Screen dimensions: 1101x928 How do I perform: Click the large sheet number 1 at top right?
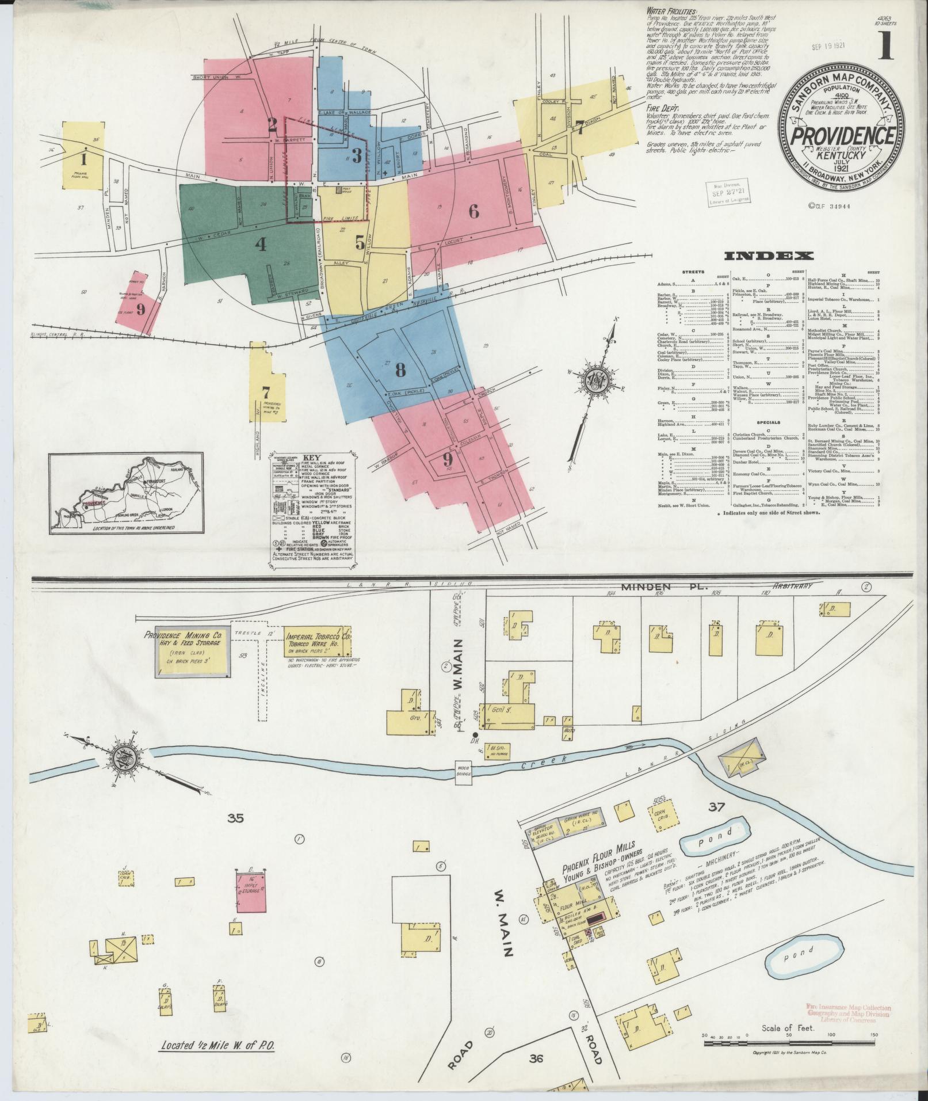click(884, 48)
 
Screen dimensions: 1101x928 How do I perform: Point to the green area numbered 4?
click(261, 245)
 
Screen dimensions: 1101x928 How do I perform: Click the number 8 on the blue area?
click(400, 370)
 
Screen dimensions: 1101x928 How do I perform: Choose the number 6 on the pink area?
click(473, 211)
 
